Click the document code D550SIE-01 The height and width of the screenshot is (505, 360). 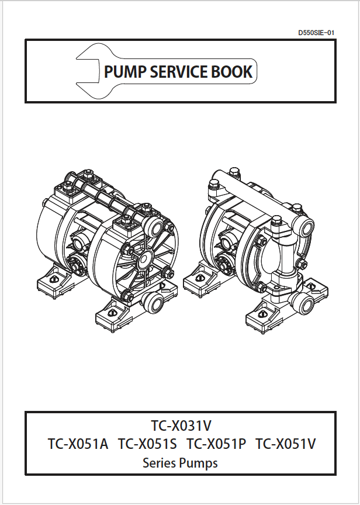pyautogui.click(x=316, y=33)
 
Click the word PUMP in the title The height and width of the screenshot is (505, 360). pyautogui.click(x=124, y=72)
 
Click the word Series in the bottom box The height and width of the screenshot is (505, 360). pyautogui.click(x=160, y=464)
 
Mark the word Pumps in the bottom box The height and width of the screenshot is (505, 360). pyautogui.click(x=199, y=464)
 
